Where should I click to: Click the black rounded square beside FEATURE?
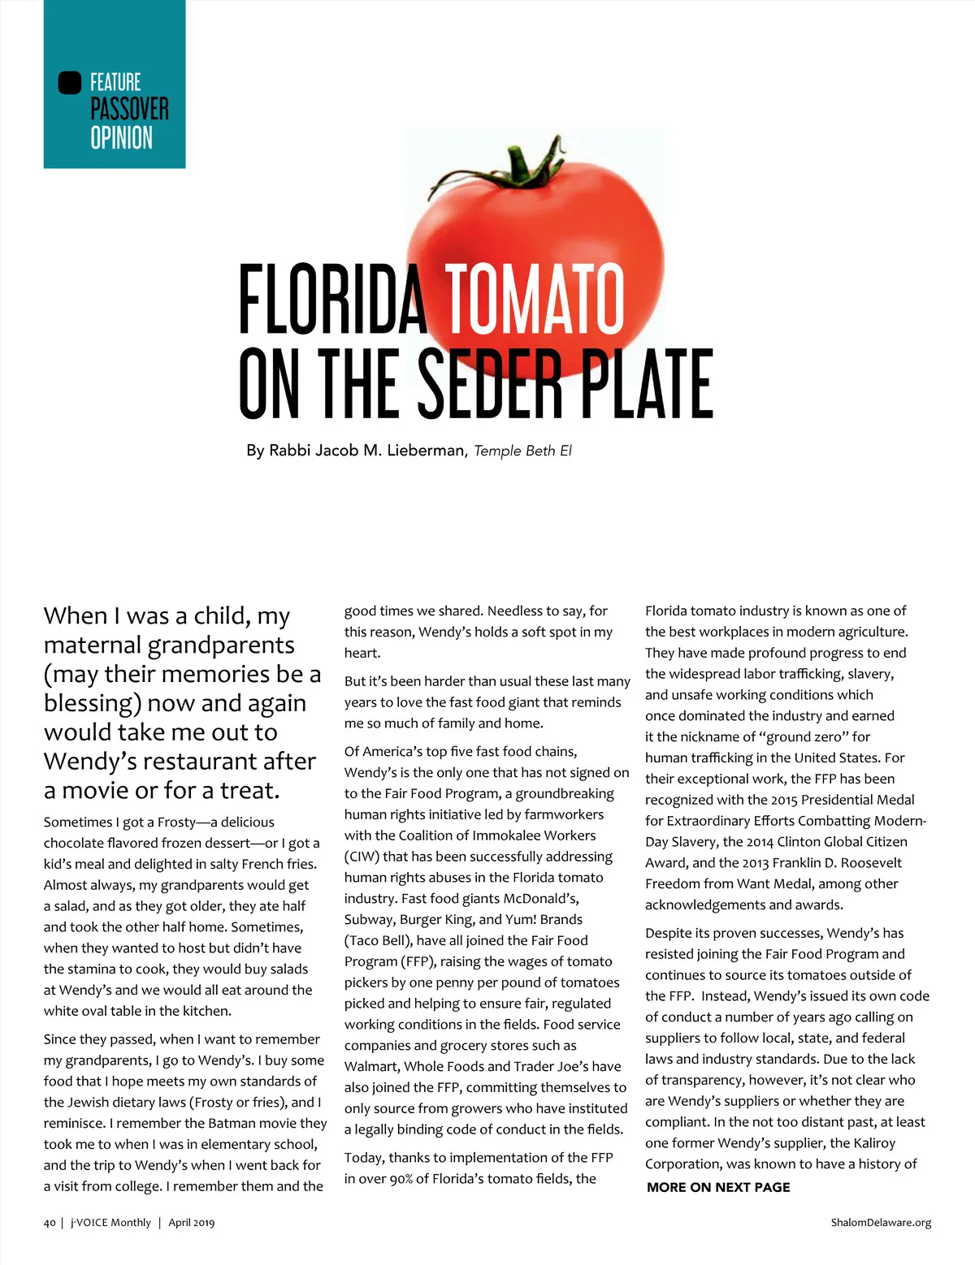pyautogui.click(x=70, y=83)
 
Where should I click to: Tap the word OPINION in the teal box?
pyautogui.click(x=121, y=138)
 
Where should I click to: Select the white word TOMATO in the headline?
pyautogui.click(x=535, y=299)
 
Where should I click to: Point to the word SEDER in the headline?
pyautogui.click(x=489, y=383)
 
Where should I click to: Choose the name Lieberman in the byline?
pyautogui.click(x=424, y=451)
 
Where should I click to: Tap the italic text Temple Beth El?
pyautogui.click(x=522, y=451)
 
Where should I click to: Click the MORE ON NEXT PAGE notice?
pyautogui.click(x=718, y=1187)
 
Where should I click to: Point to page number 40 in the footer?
pyautogui.click(x=50, y=1222)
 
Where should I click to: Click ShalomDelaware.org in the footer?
pyautogui.click(x=881, y=1222)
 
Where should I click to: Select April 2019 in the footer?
pyautogui.click(x=191, y=1222)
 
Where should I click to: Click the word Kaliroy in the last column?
pyautogui.click(x=873, y=1143)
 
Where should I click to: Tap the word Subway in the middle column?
pyautogui.click(x=367, y=920)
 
